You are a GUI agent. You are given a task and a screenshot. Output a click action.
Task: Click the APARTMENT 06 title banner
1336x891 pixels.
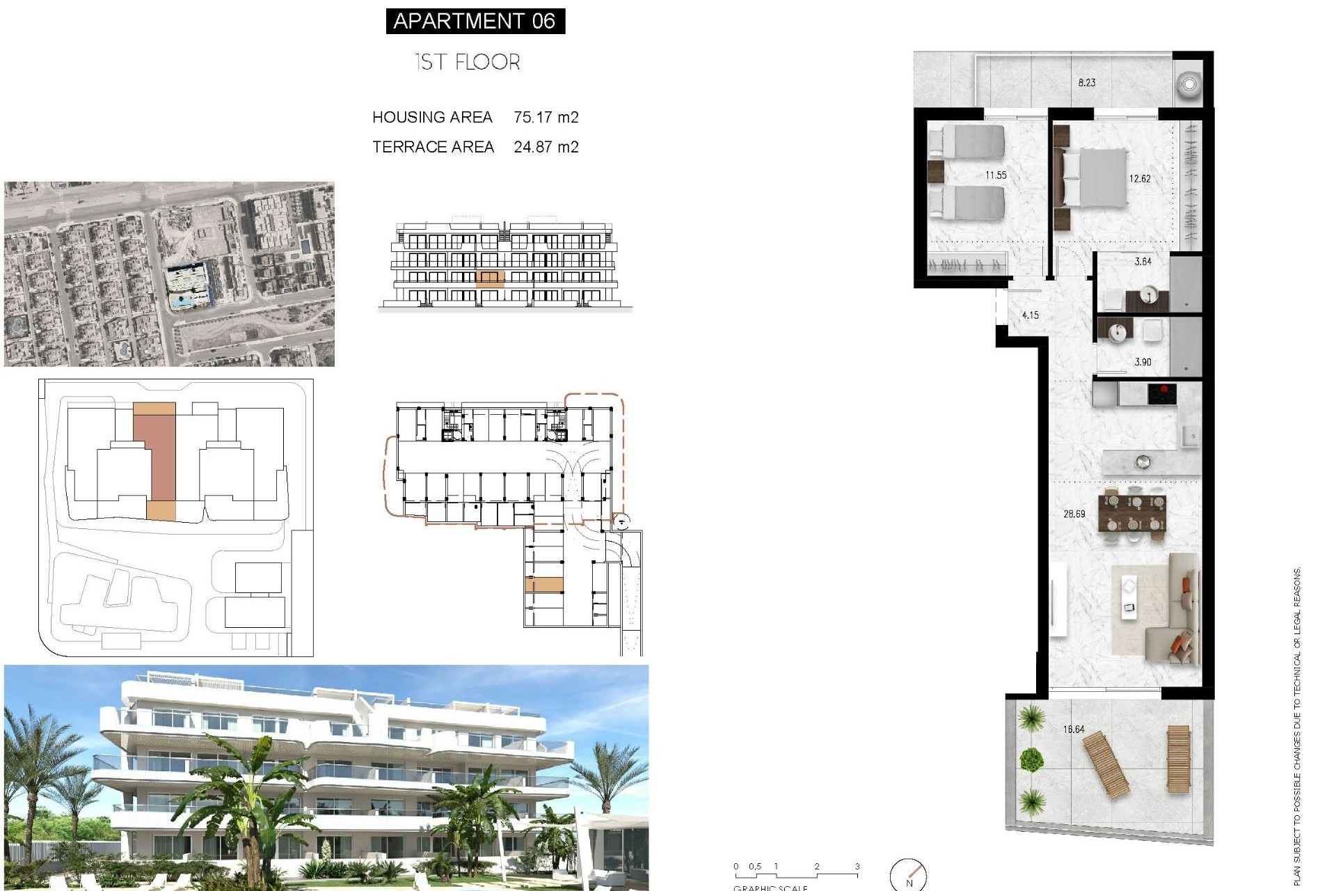coord(475,21)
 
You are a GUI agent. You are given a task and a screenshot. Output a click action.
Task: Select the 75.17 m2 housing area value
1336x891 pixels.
coord(546,117)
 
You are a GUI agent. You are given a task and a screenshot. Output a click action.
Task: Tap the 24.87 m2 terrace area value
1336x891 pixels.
coord(546,147)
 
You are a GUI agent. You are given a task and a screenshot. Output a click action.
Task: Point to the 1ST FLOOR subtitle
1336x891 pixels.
coord(467,62)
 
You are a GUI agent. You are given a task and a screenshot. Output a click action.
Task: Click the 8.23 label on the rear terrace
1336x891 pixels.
coord(1086,83)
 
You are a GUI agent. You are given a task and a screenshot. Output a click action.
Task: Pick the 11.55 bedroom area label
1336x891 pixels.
coord(996,175)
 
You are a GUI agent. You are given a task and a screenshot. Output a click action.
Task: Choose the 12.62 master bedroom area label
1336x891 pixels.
coord(1140,179)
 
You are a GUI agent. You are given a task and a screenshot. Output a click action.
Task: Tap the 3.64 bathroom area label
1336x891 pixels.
coord(1143,262)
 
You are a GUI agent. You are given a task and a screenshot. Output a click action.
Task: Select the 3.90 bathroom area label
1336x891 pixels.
coord(1143,362)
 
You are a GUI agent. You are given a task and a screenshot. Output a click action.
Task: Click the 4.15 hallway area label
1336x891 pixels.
coord(1030,315)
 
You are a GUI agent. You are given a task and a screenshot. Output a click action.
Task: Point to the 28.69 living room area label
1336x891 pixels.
coord(1074,514)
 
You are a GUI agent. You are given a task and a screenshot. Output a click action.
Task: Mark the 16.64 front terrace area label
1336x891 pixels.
coord(1074,730)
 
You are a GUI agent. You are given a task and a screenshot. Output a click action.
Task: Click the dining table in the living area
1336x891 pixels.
coord(1132,513)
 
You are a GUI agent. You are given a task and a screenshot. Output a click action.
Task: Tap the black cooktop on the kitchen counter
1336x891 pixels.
coord(1162,394)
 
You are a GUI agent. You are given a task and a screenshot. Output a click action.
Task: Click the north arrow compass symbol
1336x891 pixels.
coord(909,875)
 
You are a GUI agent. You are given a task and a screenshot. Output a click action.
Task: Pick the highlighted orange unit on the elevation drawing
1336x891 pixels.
coord(490,279)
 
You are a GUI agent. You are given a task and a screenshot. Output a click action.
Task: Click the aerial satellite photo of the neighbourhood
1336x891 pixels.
coord(169,274)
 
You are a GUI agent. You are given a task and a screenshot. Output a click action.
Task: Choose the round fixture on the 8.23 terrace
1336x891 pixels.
coord(1189,84)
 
